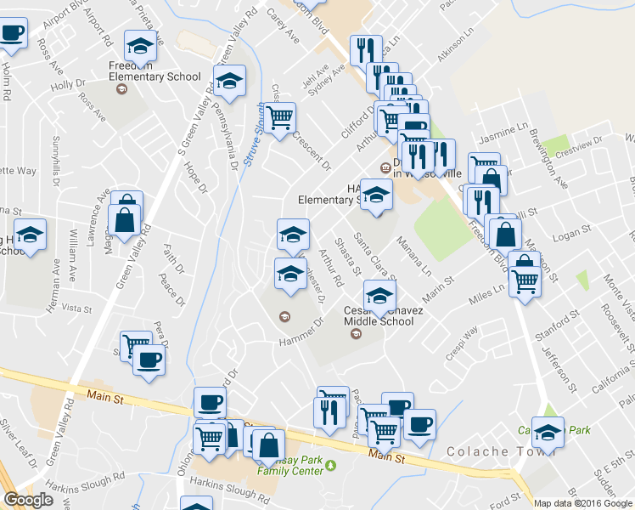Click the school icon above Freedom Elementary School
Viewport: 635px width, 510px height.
pyautogui.click(x=141, y=44)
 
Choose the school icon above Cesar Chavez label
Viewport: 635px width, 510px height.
pyautogui.click(x=379, y=294)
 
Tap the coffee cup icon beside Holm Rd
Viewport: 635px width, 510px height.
pyautogui.click(x=12, y=34)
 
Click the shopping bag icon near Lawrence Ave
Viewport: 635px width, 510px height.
pyautogui.click(x=125, y=220)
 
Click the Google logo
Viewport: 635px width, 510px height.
pyautogui.click(x=28, y=501)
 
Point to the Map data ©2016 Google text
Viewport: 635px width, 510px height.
pyautogui.click(x=583, y=503)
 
